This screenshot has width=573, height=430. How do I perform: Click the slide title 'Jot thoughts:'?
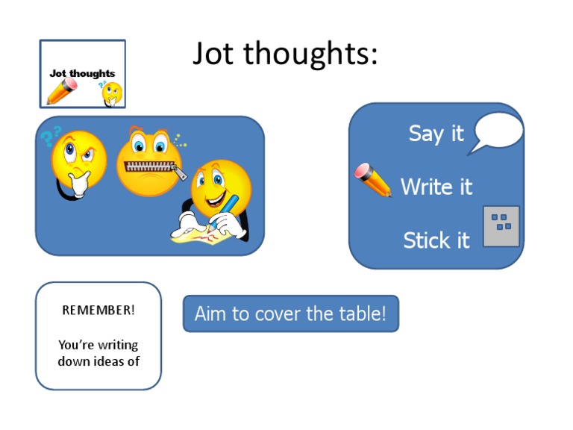tap(285, 54)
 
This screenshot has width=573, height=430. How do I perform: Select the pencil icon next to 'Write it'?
tap(373, 180)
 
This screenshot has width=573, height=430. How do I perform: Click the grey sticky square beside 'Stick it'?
tap(501, 226)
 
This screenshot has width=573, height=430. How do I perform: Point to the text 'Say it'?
tap(436, 134)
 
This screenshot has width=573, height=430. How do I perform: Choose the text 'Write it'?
tap(436, 187)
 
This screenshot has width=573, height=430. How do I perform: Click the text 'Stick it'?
tap(436, 240)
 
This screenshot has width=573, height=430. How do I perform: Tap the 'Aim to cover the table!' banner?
tap(291, 314)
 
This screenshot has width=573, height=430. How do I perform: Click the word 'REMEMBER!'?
tap(98, 310)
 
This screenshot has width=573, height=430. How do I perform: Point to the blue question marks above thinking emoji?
tap(51, 137)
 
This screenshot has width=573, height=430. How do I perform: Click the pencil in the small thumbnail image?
tap(62, 92)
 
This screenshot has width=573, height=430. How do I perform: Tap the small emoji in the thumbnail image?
tap(112, 93)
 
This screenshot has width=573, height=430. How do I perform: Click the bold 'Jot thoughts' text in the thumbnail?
tap(82, 73)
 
